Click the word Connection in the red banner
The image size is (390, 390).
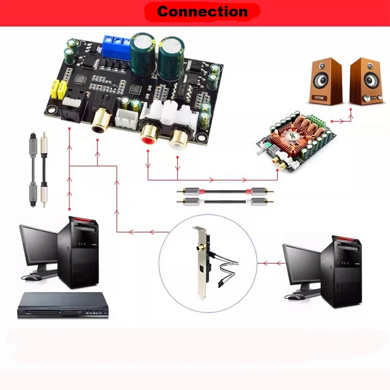point(202,11)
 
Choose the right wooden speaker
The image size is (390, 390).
point(366,81)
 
